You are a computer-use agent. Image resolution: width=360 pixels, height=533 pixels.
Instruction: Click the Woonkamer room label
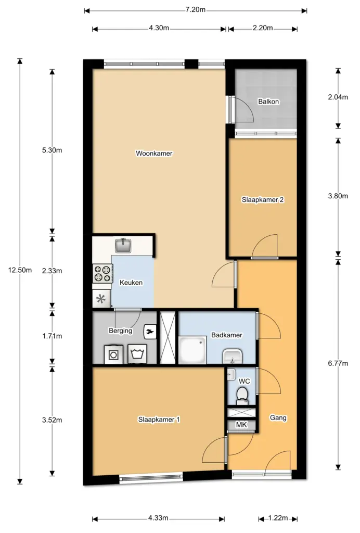pyautogui.click(x=154, y=154)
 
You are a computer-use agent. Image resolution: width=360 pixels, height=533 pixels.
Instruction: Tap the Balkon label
pyautogui.click(x=268, y=101)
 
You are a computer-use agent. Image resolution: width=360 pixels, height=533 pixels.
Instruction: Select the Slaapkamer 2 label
pyautogui.click(x=263, y=199)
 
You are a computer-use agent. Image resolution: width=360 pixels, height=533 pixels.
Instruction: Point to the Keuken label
pyautogui.click(x=131, y=283)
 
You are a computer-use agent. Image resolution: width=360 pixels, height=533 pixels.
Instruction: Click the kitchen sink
pyautogui.click(x=123, y=246)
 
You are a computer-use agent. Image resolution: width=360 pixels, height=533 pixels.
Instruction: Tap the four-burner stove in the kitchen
pyautogui.click(x=103, y=274)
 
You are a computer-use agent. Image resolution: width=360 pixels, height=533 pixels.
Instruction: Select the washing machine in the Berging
pyautogui.click(x=113, y=355)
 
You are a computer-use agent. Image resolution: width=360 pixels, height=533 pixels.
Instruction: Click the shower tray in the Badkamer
pyautogui.click(x=192, y=350)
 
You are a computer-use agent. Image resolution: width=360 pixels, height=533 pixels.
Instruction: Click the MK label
pyautogui.click(x=241, y=425)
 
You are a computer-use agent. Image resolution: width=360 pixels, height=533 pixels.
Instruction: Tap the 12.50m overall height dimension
pyautogui.click(x=20, y=270)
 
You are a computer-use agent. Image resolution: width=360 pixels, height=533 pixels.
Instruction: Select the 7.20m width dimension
pyautogui.click(x=195, y=9)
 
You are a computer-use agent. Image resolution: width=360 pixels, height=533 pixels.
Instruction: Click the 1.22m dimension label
pyautogui.click(x=278, y=518)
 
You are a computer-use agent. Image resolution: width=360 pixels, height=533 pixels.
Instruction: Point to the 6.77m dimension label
pyautogui.click(x=338, y=363)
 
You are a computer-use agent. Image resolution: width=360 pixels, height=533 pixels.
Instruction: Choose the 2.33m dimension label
pyautogui.click(x=52, y=271)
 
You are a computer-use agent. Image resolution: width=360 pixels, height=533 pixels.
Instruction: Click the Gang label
pyautogui.click(x=278, y=418)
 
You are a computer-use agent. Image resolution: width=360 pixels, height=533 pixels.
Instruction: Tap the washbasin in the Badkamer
pyautogui.click(x=233, y=356)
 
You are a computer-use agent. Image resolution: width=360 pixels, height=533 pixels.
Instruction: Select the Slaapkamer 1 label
pyautogui.click(x=159, y=420)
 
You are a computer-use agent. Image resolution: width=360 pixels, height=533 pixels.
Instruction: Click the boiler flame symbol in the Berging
pyautogui.click(x=150, y=332)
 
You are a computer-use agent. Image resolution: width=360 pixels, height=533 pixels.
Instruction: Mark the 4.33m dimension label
pyautogui.click(x=158, y=518)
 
